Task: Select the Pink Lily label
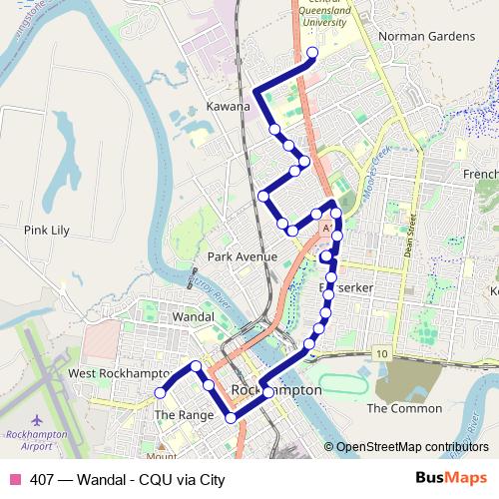46,231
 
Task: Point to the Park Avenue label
242,256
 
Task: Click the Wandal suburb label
193,316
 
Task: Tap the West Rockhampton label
118,372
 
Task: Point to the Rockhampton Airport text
36,441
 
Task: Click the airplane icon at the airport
37,419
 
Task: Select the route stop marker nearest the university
312,53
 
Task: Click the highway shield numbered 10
381,352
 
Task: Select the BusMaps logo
452,478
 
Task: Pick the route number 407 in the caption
42,479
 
